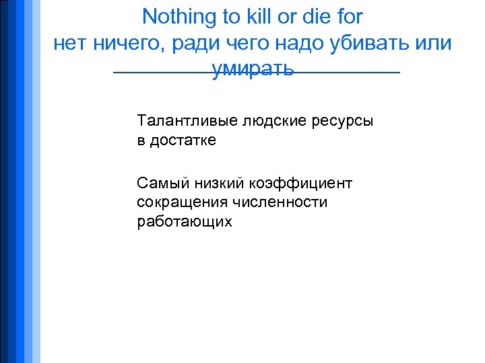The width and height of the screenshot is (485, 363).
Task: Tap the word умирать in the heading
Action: (x=253, y=69)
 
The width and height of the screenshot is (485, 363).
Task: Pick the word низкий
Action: (x=218, y=183)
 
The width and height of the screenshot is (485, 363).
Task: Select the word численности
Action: (x=280, y=202)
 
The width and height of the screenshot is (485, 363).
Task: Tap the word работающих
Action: (x=185, y=222)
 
